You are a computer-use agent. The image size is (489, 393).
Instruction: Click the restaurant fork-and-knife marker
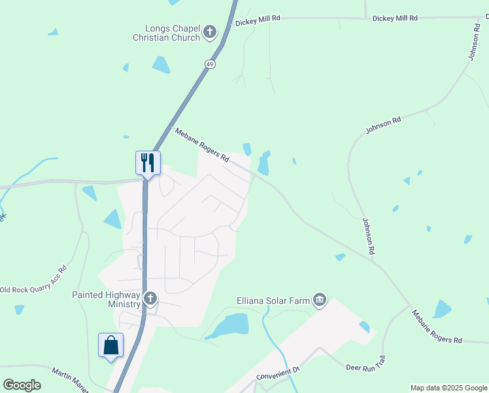[148, 162]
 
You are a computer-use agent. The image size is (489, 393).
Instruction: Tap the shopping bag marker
[110, 345]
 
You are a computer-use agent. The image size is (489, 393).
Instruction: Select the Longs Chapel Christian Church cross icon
[210, 32]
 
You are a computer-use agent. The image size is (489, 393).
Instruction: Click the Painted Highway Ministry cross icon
[150, 299]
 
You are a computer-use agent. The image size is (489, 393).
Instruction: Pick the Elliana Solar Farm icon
[320, 300]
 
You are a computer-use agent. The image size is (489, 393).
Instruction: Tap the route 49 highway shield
[209, 64]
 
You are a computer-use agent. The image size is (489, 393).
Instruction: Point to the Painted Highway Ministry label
[107, 299]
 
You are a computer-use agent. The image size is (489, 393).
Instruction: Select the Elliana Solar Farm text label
[273, 301]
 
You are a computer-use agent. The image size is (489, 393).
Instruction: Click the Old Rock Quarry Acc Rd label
[34, 279]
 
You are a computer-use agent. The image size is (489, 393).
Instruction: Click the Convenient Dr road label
[278, 374]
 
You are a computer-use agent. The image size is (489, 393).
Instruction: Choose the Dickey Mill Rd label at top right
[395, 18]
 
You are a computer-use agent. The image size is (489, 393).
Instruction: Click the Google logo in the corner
[22, 385]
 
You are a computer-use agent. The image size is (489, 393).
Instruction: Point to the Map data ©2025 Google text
[448, 388]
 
